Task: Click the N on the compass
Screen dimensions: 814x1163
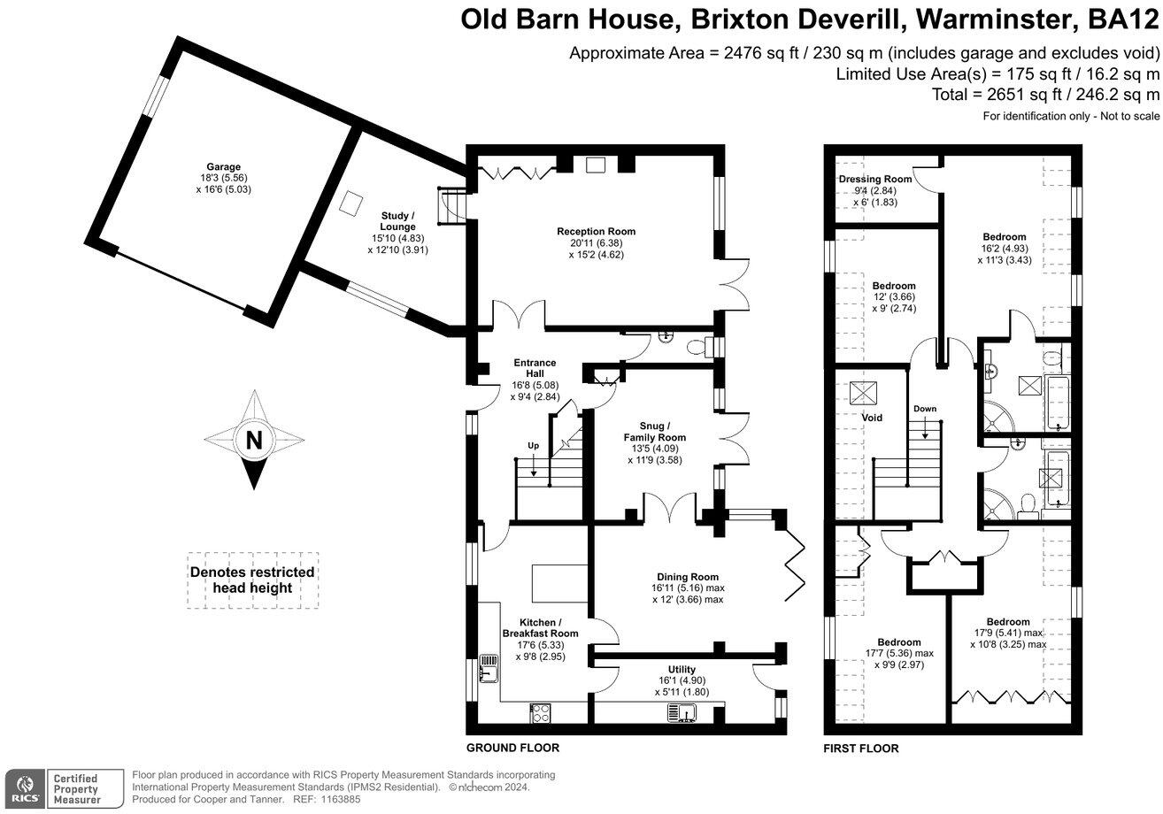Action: (254, 440)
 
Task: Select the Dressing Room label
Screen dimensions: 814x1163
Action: (874, 180)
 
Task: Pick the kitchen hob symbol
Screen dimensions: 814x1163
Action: (542, 712)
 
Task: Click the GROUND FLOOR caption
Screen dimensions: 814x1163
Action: (512, 748)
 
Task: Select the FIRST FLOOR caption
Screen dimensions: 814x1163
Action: (860, 749)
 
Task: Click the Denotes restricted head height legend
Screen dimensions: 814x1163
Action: (252, 580)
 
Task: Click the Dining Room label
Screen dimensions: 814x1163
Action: (687, 576)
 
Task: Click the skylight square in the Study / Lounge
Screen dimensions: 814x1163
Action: (350, 203)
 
